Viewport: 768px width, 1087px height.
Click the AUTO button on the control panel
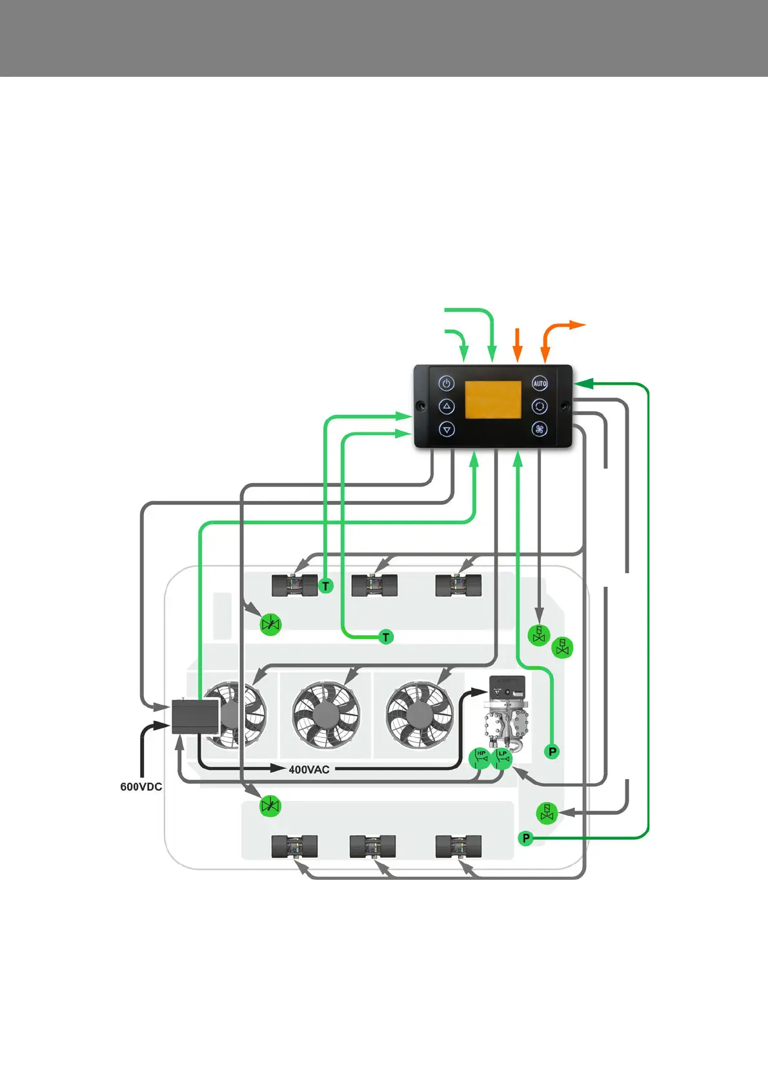point(540,383)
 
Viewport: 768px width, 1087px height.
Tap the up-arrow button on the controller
point(447,407)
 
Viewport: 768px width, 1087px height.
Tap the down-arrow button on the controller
point(447,429)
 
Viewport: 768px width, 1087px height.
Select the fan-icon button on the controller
point(540,429)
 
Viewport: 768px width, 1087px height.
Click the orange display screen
point(493,400)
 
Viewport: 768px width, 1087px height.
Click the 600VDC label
point(141,787)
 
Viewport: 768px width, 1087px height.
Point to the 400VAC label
point(309,769)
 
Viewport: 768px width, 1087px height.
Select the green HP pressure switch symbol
point(480,758)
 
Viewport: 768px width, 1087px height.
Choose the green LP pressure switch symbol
point(502,758)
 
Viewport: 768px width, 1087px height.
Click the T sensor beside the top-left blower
point(326,586)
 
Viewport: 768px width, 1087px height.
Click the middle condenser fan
point(326,714)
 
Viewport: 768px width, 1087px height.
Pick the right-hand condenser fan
point(419,714)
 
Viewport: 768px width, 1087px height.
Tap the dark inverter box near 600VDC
point(195,716)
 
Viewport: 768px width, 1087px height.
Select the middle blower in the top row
point(374,585)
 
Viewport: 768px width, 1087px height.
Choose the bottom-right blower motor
point(458,846)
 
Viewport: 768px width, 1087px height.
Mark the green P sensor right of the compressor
point(552,751)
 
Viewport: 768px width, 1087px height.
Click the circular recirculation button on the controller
point(540,407)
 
